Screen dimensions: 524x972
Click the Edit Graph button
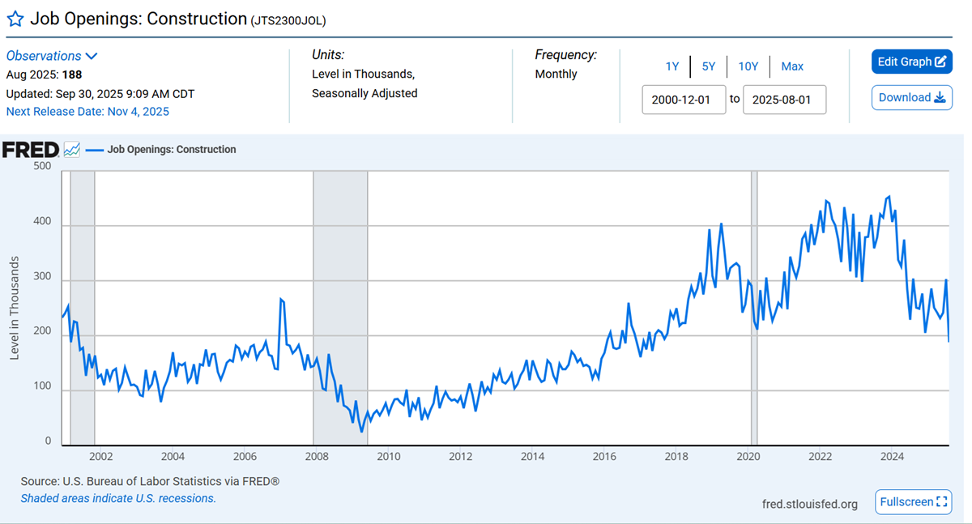pos(911,62)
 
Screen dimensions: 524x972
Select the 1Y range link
pos(672,66)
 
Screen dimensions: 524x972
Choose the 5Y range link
pos(709,66)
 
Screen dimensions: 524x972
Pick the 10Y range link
pos(748,66)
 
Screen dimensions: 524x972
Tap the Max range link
pos(792,66)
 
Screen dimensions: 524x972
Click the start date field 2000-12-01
pos(684,100)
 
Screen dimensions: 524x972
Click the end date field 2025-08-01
pos(784,100)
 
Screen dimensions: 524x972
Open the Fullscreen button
pos(913,502)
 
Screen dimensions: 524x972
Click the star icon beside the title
pos(15,19)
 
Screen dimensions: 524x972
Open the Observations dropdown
pos(52,56)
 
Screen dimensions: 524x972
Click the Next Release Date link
pos(87,112)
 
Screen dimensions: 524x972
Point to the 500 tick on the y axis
pos(41,166)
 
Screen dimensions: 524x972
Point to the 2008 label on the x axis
pos(317,457)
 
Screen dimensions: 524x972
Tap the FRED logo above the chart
pos(30,150)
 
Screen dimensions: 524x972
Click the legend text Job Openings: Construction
pos(172,150)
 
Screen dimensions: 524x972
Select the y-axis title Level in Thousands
pos(15,308)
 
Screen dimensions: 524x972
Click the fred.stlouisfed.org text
pos(810,505)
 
